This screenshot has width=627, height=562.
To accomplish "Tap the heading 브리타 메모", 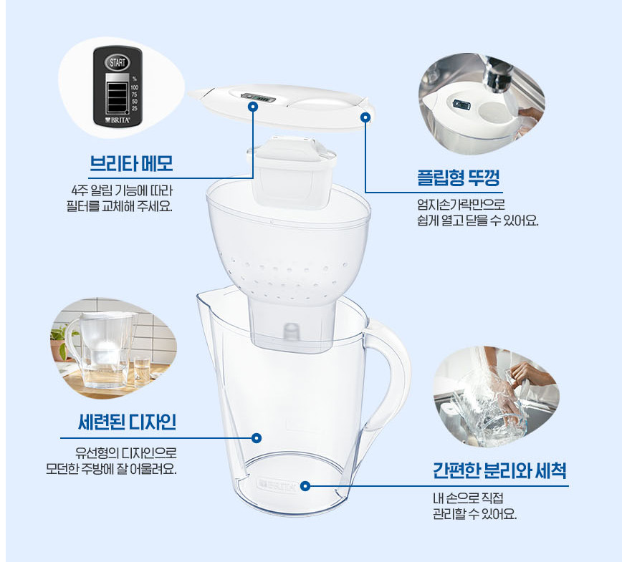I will pos(131,164).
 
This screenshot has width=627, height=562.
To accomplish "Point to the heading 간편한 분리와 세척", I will pos(499,471).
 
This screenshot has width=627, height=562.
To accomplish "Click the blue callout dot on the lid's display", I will pos(252,106).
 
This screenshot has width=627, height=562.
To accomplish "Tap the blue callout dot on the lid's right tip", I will pos(365,116).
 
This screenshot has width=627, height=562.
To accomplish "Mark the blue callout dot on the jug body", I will pos(257,437).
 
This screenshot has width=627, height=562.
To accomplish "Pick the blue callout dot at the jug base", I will pos(305,485).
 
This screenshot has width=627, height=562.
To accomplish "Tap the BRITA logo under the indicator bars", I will pos(117,121).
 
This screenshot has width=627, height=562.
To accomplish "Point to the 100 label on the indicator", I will pos(134,86).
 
